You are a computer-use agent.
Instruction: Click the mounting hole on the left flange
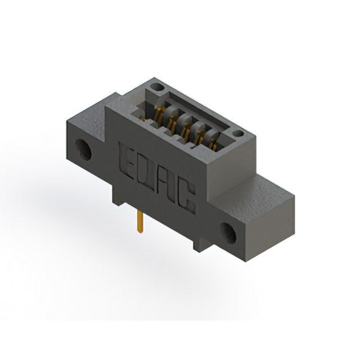click(x=83, y=150)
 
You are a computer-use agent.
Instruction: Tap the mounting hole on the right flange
click(x=228, y=233)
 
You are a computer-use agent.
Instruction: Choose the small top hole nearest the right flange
click(x=238, y=133)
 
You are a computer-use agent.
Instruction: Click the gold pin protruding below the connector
click(x=140, y=222)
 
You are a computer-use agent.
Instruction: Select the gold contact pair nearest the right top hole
click(x=214, y=145)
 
